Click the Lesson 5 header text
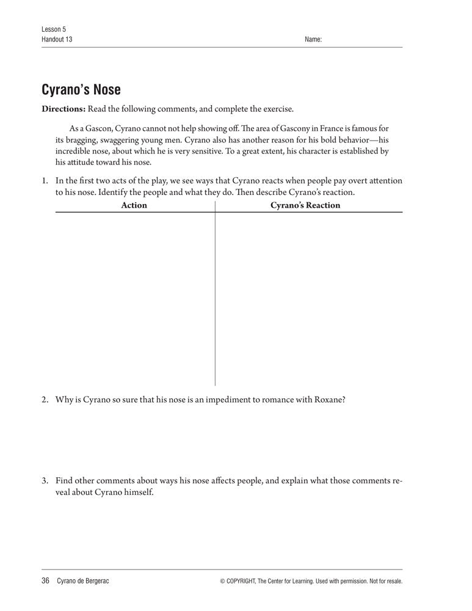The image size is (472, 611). [x=54, y=29]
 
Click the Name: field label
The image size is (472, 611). [x=313, y=40]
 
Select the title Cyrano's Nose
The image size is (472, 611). [x=81, y=90]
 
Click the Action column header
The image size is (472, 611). [x=134, y=205]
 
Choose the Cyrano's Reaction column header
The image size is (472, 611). [x=305, y=205]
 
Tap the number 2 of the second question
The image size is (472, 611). [x=45, y=400]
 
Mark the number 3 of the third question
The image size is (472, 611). [x=45, y=481]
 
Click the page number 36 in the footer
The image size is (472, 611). [x=45, y=581]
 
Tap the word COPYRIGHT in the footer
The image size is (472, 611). [x=244, y=582]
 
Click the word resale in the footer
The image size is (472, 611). [x=392, y=582]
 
